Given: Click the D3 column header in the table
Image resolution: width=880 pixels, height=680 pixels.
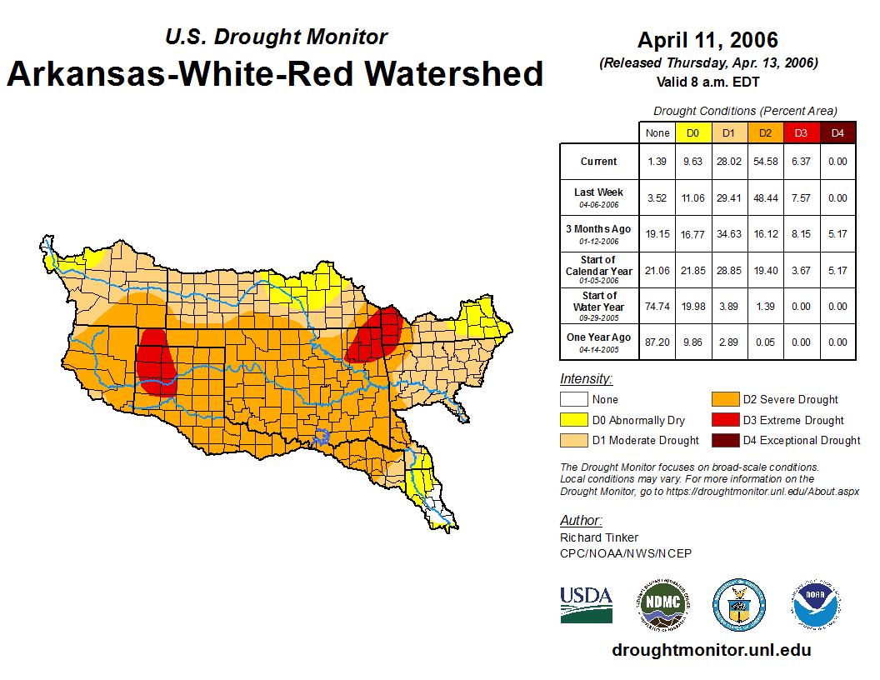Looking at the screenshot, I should coord(801,133).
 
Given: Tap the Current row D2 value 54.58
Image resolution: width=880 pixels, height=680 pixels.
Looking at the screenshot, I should coord(766,162).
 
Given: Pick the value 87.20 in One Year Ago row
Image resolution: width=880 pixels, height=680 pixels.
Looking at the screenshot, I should coord(657,342).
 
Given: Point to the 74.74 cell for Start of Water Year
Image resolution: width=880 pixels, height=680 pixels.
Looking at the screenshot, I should coord(657,306).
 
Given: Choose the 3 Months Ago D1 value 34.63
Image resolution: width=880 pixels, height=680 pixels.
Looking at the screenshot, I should coord(729,234).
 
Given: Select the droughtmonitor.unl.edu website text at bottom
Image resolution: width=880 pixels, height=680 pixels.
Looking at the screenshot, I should coord(711,650).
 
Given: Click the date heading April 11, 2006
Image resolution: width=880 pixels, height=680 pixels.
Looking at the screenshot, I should coord(707,40).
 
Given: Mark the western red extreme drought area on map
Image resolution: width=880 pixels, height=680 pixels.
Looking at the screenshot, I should coord(156,362).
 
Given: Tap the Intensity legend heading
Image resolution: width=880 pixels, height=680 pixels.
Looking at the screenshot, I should coord(586,379).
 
